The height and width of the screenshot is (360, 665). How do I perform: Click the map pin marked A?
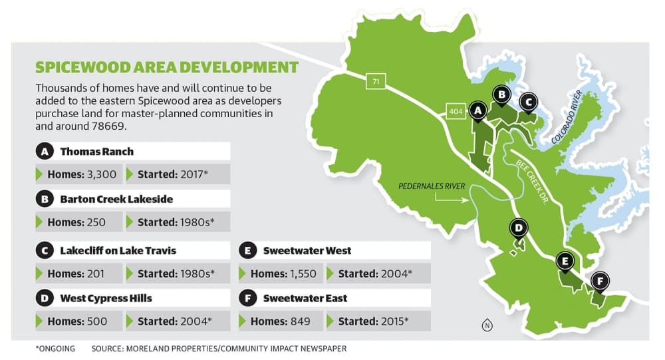(x=478, y=111)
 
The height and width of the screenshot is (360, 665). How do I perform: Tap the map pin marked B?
(x=501, y=95)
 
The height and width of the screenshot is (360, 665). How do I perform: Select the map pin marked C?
(x=529, y=102)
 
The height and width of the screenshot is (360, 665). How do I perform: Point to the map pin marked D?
(x=518, y=229)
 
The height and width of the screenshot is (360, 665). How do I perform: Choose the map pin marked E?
(x=565, y=262)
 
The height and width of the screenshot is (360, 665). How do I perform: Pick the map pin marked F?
(x=600, y=281)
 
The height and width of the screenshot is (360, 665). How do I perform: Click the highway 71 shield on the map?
(x=376, y=81)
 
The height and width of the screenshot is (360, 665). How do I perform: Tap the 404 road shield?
(x=456, y=111)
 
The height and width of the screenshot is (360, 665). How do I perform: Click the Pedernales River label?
(x=432, y=186)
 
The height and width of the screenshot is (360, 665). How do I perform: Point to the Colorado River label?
(x=567, y=117)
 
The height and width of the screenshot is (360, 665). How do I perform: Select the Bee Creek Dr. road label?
(x=532, y=182)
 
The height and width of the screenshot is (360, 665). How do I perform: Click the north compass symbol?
(x=487, y=325)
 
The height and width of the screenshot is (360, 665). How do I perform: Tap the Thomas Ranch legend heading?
(x=96, y=152)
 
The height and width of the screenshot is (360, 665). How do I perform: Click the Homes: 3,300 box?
(x=79, y=174)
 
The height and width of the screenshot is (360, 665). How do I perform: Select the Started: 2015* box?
(x=378, y=321)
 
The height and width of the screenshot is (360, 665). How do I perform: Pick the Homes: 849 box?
(x=281, y=321)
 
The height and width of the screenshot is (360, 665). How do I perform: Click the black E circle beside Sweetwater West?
(x=247, y=251)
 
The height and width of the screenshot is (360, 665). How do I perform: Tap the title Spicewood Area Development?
(x=167, y=67)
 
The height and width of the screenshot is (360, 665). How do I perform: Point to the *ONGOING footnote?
(x=55, y=349)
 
